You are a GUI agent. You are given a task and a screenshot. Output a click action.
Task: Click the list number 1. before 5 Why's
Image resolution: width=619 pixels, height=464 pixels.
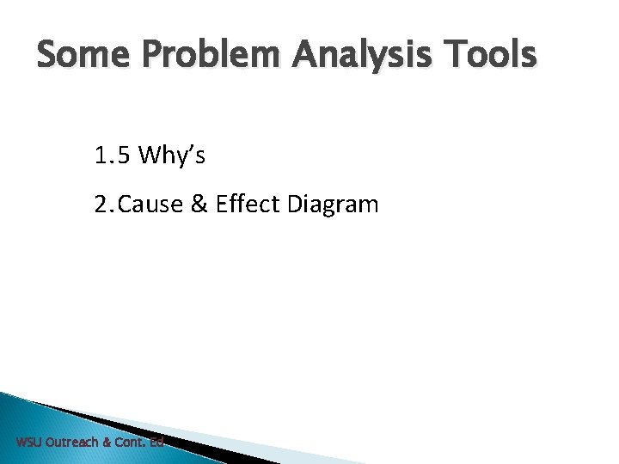point(104,156)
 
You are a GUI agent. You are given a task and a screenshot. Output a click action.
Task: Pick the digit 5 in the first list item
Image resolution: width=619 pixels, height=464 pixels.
point(124,156)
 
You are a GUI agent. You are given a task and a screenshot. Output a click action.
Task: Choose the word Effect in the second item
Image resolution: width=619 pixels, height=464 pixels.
point(242,205)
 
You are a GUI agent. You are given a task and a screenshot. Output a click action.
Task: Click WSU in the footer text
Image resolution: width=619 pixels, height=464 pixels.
point(28,443)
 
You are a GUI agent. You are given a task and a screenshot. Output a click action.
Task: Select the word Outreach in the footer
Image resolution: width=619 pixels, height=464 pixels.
point(71,443)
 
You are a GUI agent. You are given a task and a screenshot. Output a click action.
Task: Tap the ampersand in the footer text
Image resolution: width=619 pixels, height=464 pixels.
point(107,443)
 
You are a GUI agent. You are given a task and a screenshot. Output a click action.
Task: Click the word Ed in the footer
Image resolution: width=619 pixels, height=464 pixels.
point(156,443)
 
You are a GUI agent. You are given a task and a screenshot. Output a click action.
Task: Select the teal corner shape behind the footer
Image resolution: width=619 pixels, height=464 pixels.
point(34,421)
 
